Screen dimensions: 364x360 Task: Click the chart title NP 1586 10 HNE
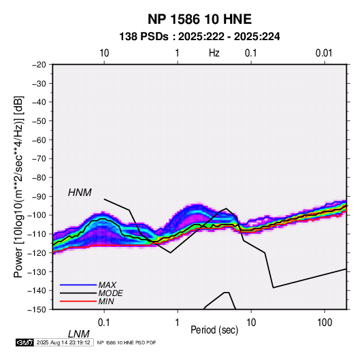click(x=199, y=19)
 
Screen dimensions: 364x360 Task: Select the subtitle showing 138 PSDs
click(x=199, y=37)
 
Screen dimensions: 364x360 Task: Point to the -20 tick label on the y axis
click(x=39, y=65)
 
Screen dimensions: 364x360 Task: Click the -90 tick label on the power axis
click(x=39, y=197)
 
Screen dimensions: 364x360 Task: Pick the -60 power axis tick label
click(x=39, y=140)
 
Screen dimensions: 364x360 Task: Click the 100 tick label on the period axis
click(x=325, y=323)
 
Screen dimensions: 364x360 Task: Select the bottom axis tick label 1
click(x=178, y=323)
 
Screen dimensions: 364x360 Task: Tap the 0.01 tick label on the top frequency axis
click(x=324, y=53)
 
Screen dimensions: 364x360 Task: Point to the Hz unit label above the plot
click(x=214, y=53)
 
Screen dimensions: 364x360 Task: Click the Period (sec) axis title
click(x=214, y=330)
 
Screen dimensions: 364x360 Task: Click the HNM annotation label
click(x=80, y=193)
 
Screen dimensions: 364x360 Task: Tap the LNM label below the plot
click(x=78, y=334)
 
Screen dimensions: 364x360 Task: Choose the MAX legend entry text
click(x=107, y=284)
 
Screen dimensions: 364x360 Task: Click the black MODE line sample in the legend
click(x=78, y=293)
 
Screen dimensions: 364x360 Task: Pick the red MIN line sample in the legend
click(x=78, y=301)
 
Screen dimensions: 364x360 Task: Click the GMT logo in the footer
click(x=25, y=342)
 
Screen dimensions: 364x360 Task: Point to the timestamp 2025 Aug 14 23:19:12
click(x=63, y=342)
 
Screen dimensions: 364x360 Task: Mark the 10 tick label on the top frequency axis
click(x=104, y=53)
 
